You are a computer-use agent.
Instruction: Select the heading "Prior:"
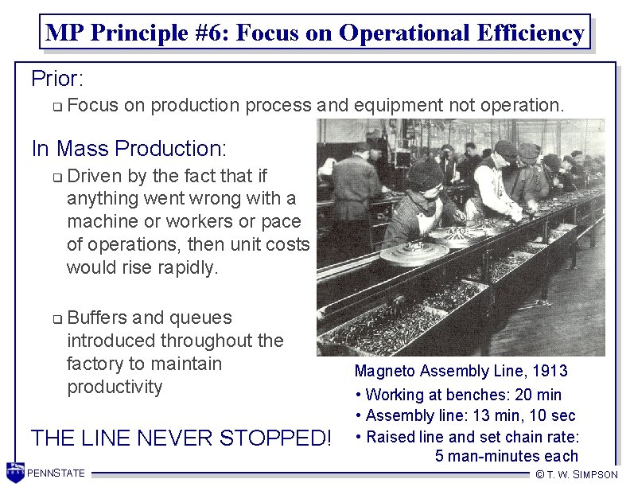57,79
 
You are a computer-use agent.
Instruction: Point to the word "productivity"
115,387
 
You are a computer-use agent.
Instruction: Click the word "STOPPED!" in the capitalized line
270,438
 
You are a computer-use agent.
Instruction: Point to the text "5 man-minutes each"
507,456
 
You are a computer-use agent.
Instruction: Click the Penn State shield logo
14,472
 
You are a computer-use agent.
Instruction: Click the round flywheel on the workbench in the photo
414,252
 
